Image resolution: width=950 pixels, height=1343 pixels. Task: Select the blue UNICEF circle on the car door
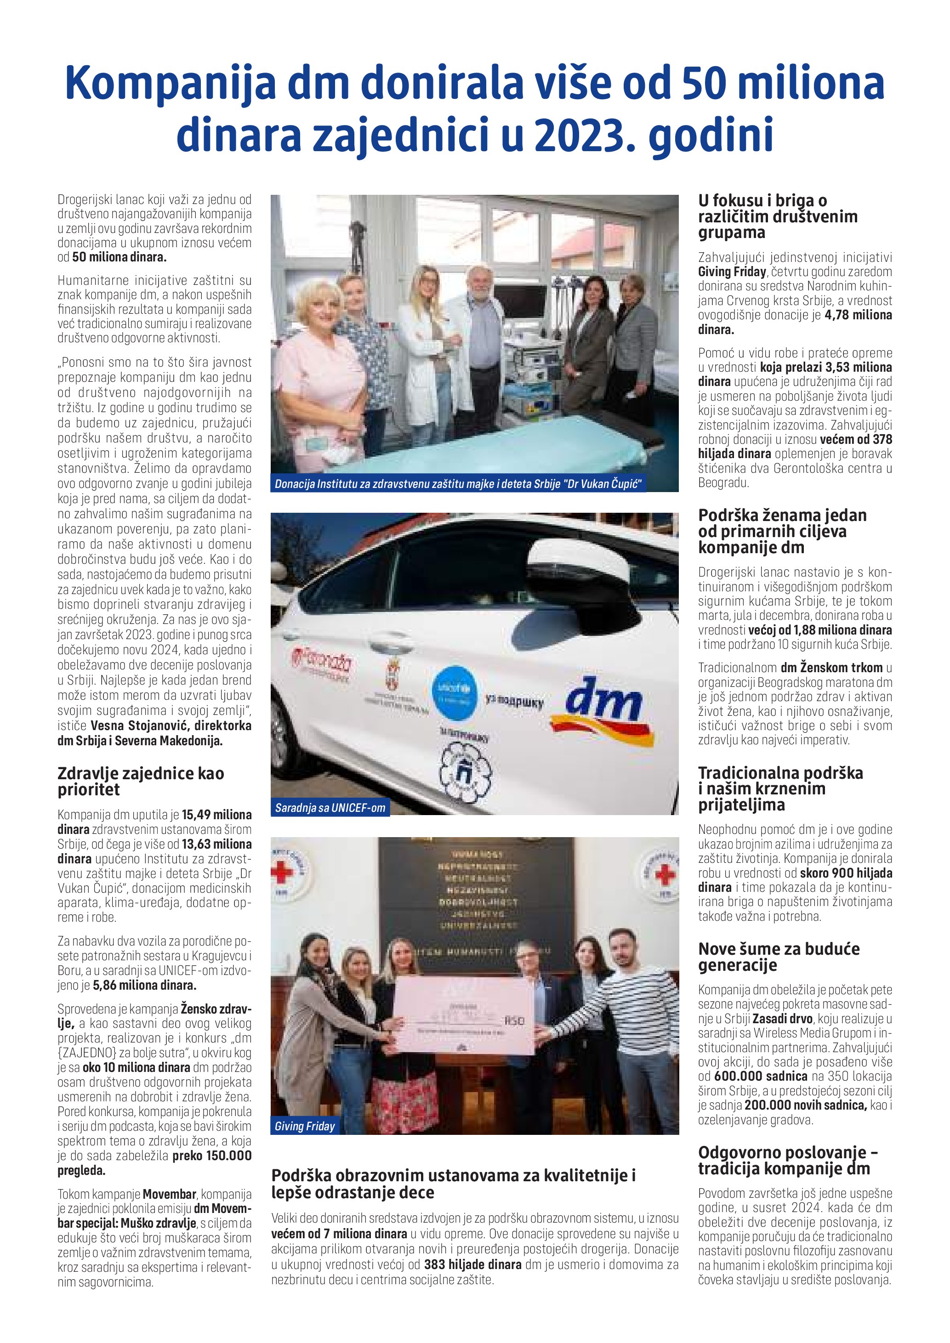454,690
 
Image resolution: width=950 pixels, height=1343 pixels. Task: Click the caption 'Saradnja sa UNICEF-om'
330,808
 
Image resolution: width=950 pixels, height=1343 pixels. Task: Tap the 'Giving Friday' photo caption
305,1126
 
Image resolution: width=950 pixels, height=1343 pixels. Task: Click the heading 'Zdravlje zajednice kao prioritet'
140,781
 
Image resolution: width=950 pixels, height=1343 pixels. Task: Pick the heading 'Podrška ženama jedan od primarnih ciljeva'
782,531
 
